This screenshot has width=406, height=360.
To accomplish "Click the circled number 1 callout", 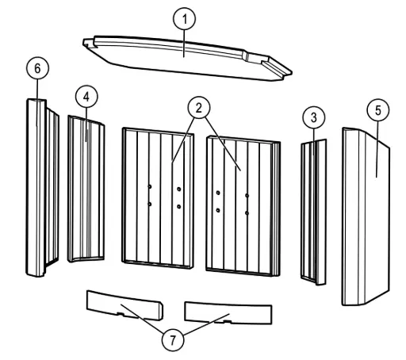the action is point(184,19).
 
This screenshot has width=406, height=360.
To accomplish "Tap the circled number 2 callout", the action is point(199,108).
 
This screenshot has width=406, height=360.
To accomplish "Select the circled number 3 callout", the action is point(314,117).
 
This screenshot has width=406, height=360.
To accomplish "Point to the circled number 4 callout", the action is point(86,97).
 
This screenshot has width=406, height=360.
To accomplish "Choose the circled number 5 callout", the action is point(378,110).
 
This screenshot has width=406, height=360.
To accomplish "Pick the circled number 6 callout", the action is point(37,68).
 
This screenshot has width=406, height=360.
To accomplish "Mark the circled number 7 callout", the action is point(173,340).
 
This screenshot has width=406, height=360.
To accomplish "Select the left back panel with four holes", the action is point(158,198).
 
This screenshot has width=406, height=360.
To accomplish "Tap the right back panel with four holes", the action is point(243,206).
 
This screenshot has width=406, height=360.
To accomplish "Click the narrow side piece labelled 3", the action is point(314,212).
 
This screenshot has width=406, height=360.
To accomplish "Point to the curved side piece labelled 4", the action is point(86,190).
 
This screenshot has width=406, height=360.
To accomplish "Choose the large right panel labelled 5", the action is point(366,216).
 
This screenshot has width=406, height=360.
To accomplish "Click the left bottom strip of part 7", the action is point(124,305).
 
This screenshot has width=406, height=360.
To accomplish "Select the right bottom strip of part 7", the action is point(228,313).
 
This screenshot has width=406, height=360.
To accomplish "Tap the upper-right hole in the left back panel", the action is point(179,189).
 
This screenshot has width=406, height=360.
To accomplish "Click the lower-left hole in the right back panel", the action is point(218,210).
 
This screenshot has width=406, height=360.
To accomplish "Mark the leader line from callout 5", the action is point(377,149).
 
